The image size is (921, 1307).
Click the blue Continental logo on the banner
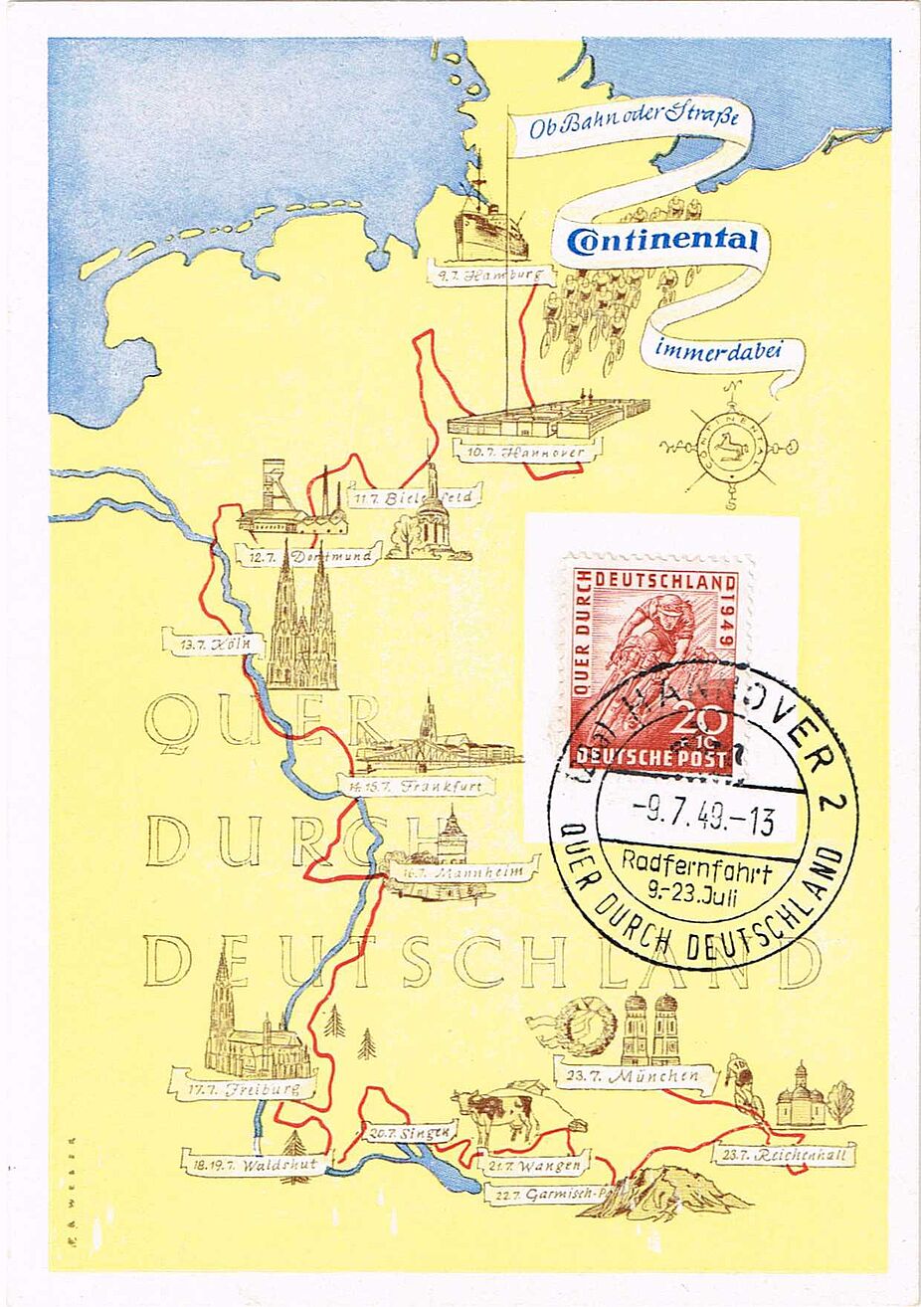tap(662, 240)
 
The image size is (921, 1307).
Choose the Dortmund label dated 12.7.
tap(309, 555)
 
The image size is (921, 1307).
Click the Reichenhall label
tap(785, 1156)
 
